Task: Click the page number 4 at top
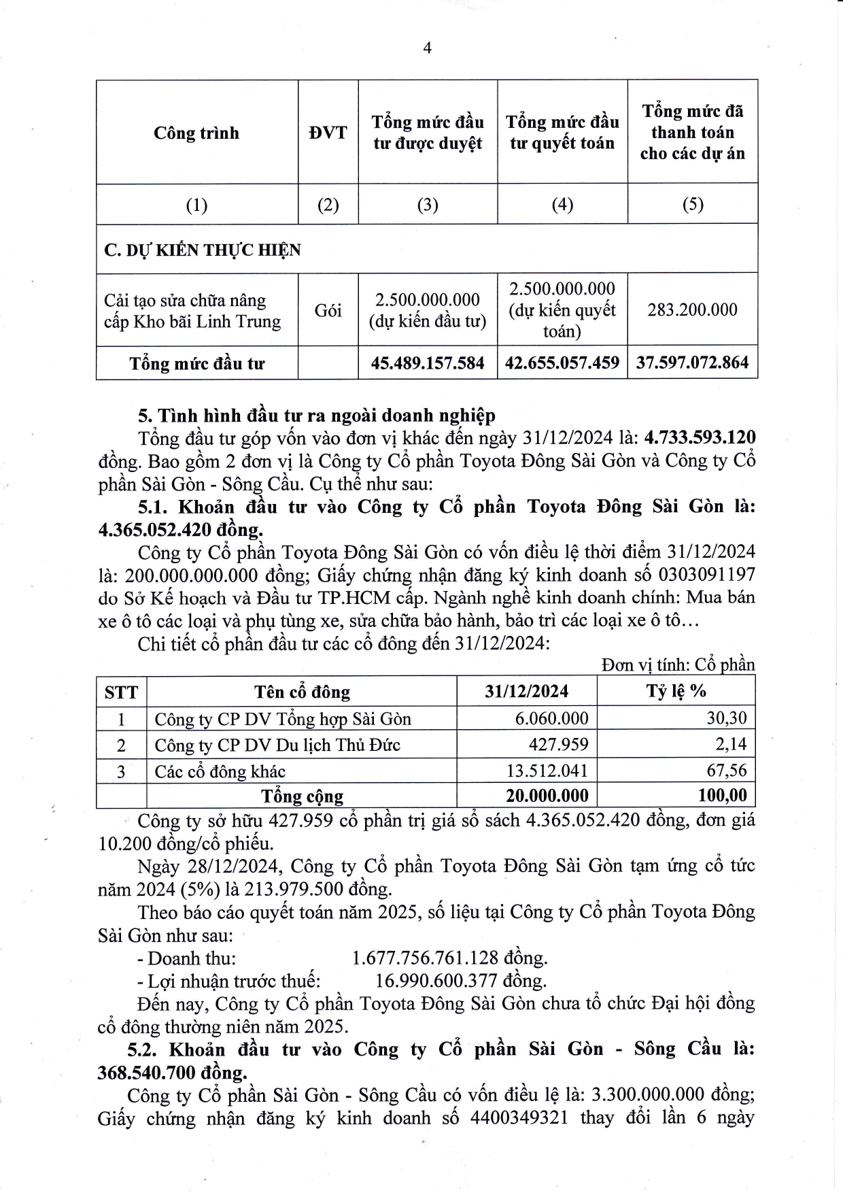pos(427,48)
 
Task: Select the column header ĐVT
pos(328,132)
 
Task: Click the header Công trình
pos(196,132)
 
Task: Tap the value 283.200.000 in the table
pos(692,310)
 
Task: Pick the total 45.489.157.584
pos(428,363)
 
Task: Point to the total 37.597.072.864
pos(692,363)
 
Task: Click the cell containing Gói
pos(328,311)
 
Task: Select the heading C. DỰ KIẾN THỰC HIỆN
pos(203,250)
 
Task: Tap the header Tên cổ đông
pos(302,692)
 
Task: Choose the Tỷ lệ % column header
pos(676,691)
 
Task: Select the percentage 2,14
pos(731,745)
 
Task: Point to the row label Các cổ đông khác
pos(220,771)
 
